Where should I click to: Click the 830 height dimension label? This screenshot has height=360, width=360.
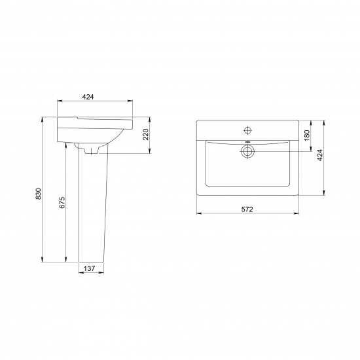(x=39, y=194)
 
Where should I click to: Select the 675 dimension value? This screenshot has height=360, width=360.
(x=62, y=202)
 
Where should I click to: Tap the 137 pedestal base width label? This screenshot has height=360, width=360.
(x=89, y=268)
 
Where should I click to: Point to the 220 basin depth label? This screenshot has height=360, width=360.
(x=146, y=135)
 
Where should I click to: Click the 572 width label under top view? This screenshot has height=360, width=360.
(x=247, y=209)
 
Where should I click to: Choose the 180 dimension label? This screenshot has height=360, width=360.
(x=307, y=135)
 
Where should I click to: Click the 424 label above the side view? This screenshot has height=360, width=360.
(x=88, y=97)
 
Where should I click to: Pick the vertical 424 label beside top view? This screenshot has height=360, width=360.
(x=320, y=155)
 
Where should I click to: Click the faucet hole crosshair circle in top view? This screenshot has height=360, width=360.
(x=247, y=130)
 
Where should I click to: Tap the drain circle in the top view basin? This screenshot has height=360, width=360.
(x=247, y=151)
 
